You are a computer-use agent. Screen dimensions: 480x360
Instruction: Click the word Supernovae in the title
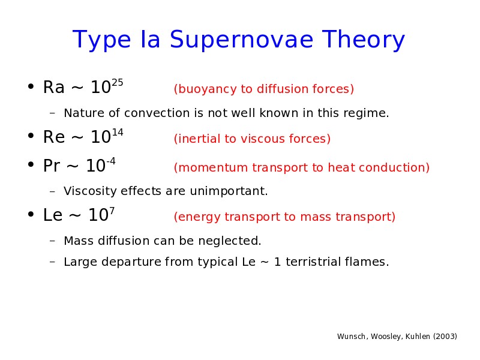pos(242,40)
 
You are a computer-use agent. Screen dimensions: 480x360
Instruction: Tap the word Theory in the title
pos(364,40)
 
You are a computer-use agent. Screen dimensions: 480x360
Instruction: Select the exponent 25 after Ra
pos(117,83)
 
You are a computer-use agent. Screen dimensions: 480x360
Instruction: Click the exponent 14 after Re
pos(117,133)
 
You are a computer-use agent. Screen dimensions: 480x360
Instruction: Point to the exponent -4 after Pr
pos(111,161)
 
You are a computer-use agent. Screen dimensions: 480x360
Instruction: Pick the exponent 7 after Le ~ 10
pos(112,211)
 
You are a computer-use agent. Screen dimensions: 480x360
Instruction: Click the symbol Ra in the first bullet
pos(54,87)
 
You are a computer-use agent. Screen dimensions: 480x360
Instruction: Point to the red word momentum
pos(211,168)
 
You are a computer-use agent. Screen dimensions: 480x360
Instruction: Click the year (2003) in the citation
pos(445,337)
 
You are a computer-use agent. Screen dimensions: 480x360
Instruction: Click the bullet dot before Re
pos(31,136)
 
